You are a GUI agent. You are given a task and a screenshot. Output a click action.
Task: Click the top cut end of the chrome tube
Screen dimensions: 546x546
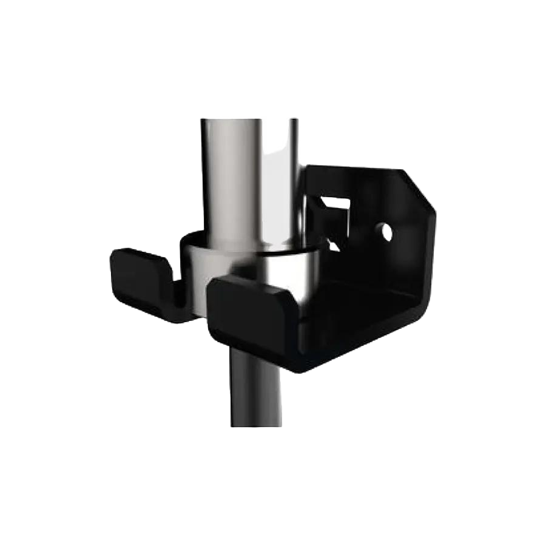pyautogui.click(x=249, y=120)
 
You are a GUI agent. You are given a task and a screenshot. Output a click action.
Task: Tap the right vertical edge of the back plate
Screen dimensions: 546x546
pyautogui.click(x=432, y=255)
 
